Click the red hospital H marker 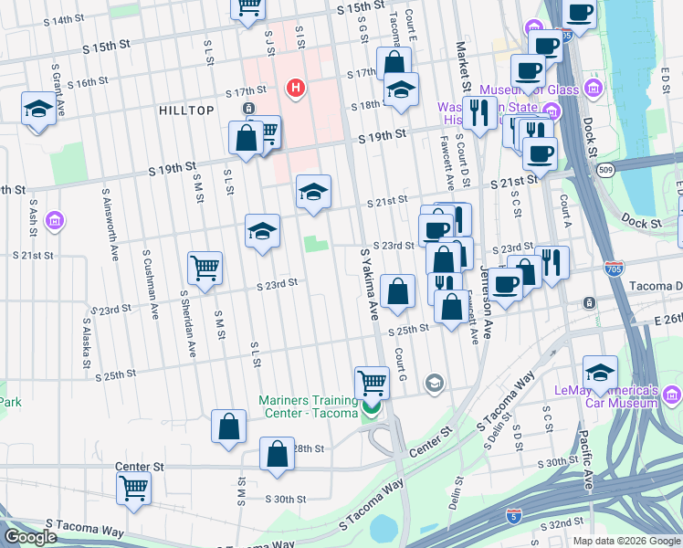tap(295, 88)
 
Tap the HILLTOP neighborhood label tap(186, 111)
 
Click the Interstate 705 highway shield tap(615, 269)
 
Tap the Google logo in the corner tap(30, 537)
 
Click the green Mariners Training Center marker tap(371, 408)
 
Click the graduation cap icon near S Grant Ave tap(37, 111)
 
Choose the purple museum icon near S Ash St tap(55, 220)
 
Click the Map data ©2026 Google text tap(625, 541)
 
